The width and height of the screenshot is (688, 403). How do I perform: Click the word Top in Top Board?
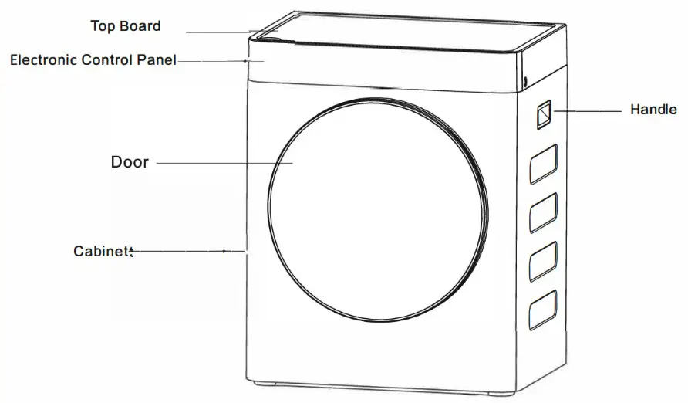click(x=103, y=26)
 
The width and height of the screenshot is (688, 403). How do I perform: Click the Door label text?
click(x=130, y=162)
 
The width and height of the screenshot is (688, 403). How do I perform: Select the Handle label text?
click(x=653, y=110)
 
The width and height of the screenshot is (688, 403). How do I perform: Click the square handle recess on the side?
click(x=543, y=115)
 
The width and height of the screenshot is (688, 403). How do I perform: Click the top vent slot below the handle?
click(x=543, y=165)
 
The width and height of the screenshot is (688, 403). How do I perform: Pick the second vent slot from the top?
click(x=543, y=212)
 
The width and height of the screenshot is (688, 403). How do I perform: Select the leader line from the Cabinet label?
click(x=189, y=251)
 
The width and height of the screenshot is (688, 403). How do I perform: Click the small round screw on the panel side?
click(x=525, y=82)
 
